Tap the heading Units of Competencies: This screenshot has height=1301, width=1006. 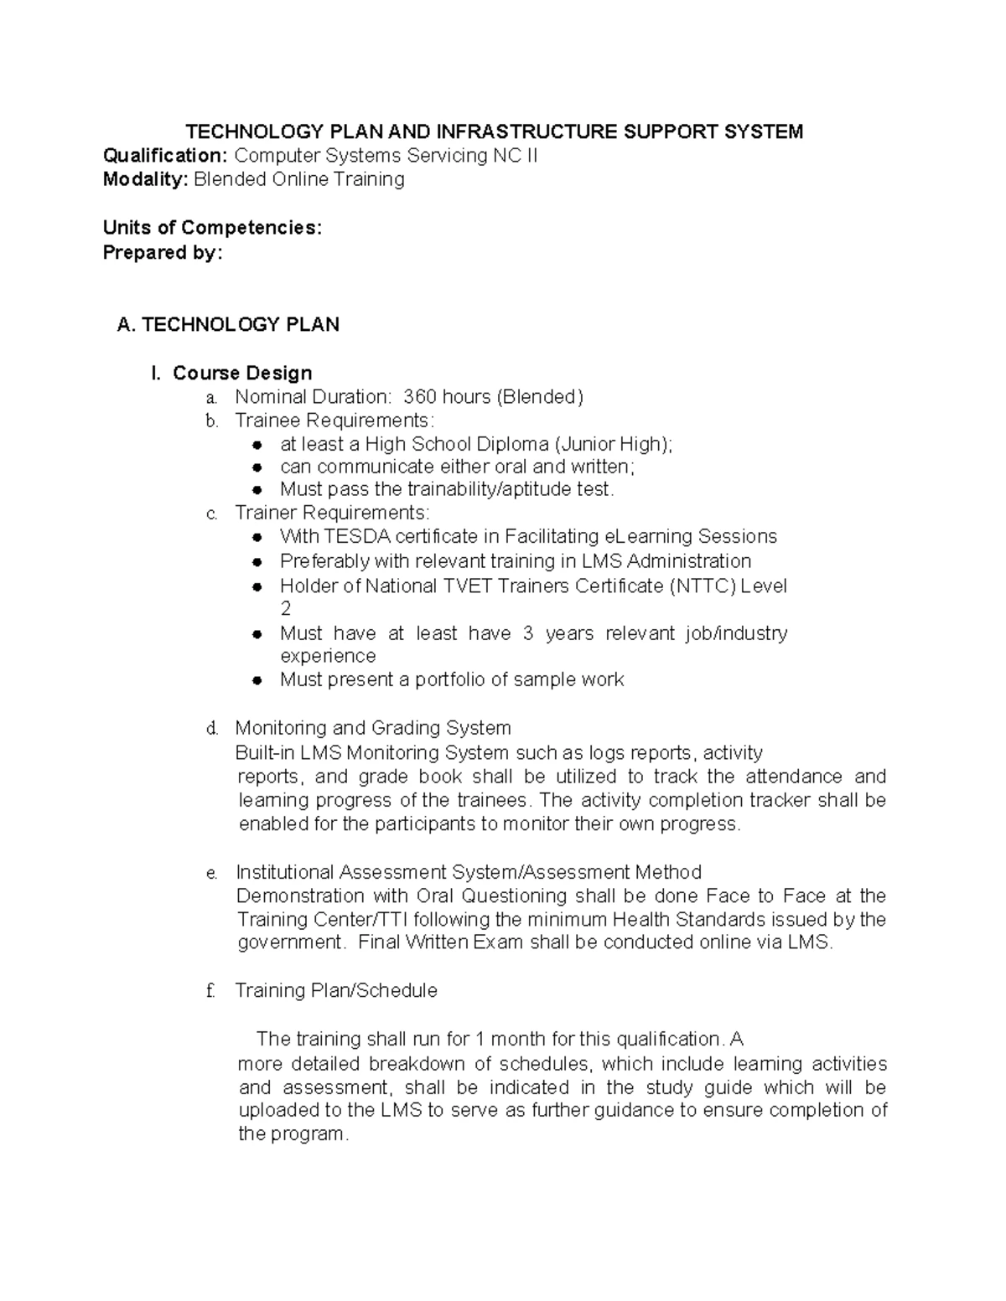point(212,228)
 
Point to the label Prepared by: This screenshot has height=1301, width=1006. point(163,252)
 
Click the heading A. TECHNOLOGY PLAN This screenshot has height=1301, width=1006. point(228,325)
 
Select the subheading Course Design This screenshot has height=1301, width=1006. point(242,373)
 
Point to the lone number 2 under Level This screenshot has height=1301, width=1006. point(285,609)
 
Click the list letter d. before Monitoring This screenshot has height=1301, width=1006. point(212,729)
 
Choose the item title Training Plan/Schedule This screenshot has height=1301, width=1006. point(336,990)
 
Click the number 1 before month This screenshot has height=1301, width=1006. point(480,1040)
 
